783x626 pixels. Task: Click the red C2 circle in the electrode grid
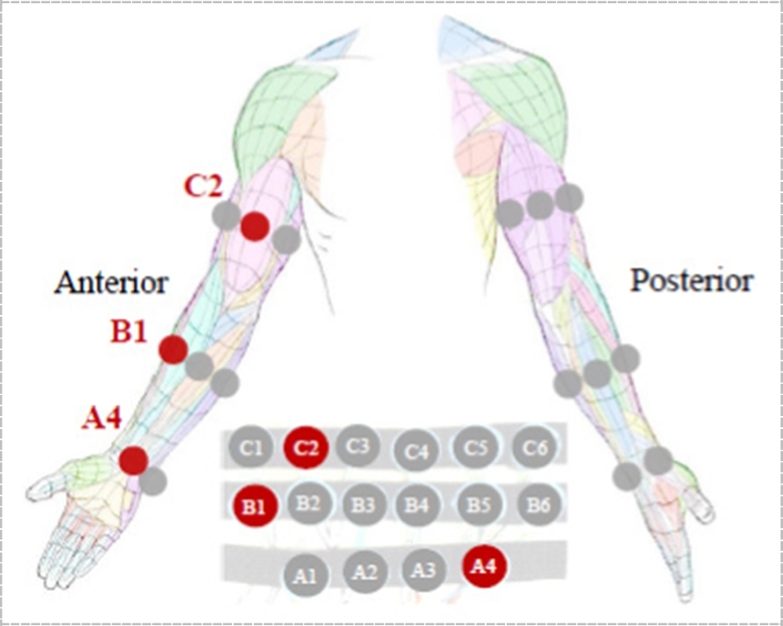pyautogui.click(x=305, y=447)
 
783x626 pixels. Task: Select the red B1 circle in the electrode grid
pyautogui.click(x=255, y=506)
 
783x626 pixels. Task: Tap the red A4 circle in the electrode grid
pyautogui.click(x=484, y=567)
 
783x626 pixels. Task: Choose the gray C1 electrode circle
pyautogui.click(x=250, y=447)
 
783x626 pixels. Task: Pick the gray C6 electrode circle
pyautogui.click(x=533, y=447)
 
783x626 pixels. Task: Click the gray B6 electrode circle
pyautogui.click(x=537, y=506)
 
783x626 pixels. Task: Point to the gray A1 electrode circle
pyautogui.click(x=305, y=575)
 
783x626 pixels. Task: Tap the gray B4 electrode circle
pyautogui.click(x=416, y=506)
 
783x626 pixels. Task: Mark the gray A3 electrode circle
pyautogui.click(x=423, y=569)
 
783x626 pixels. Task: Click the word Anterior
pyautogui.click(x=112, y=283)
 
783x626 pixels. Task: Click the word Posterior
pyautogui.click(x=691, y=280)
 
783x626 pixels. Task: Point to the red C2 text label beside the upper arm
pyautogui.click(x=202, y=186)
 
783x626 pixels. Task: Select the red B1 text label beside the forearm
pyautogui.click(x=128, y=331)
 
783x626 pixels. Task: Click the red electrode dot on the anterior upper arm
pyautogui.click(x=255, y=226)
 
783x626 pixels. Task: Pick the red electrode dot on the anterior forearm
pyautogui.click(x=173, y=350)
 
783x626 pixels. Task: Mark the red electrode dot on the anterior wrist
pyautogui.click(x=133, y=460)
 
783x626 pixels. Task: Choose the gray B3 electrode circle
pyautogui.click(x=363, y=506)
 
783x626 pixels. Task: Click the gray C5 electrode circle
pyautogui.click(x=475, y=447)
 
